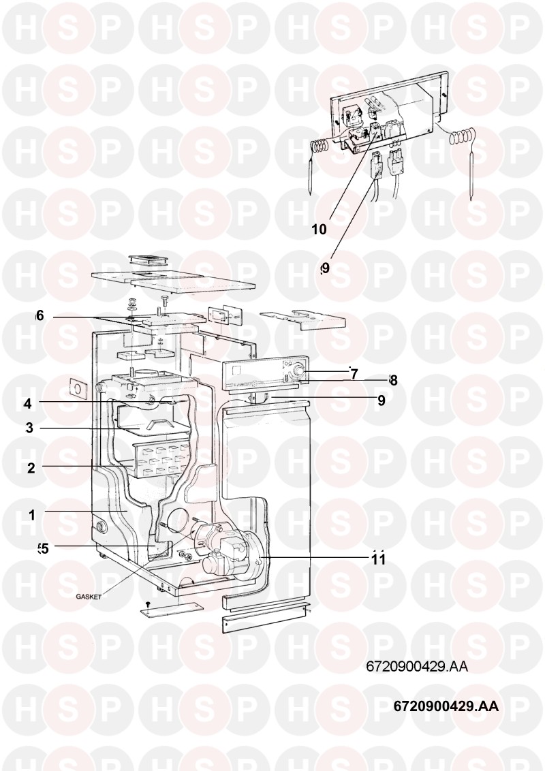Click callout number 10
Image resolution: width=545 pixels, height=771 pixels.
[319, 229]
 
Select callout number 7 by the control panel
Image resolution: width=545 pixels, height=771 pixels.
[354, 373]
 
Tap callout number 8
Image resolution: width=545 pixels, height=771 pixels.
[392, 379]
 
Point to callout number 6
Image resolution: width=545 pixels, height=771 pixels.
[40, 315]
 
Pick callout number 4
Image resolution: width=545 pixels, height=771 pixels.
[28, 403]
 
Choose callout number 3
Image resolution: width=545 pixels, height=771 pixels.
[30, 428]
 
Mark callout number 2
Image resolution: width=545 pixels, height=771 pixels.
[31, 468]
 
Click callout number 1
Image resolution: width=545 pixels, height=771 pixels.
[31, 516]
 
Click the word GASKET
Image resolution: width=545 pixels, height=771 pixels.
[89, 597]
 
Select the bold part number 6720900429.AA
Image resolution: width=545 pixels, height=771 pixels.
[446, 706]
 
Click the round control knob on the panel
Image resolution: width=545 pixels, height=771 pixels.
[298, 372]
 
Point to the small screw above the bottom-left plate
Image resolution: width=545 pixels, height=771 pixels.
[148, 603]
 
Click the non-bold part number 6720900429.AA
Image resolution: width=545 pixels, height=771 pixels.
[417, 667]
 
